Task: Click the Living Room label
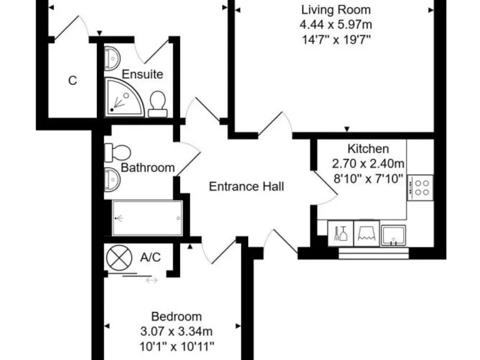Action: click(336, 10)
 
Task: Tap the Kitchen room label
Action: click(368, 149)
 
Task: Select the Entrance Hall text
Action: click(246, 186)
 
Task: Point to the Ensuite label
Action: click(142, 74)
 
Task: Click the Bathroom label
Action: click(147, 167)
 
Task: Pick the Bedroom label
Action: click(176, 316)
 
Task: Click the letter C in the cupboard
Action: click(72, 81)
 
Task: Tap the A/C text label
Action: click(151, 257)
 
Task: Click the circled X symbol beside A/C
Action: click(117, 257)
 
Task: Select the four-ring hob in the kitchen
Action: click(421, 187)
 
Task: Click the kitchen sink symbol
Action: click(394, 235)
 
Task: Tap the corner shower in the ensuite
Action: click(124, 97)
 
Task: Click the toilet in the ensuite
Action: click(157, 104)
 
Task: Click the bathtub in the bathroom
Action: click(147, 217)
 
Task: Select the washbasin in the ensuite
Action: click(112, 58)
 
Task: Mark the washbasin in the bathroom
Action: click(112, 179)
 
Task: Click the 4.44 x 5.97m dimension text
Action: click(336, 25)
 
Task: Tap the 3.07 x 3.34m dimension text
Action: click(176, 331)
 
